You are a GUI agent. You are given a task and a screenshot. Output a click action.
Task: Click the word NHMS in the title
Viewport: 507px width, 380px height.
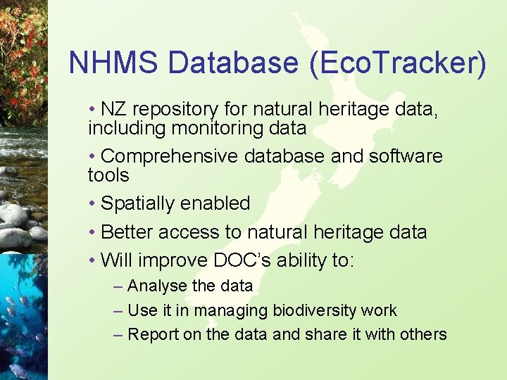(114, 63)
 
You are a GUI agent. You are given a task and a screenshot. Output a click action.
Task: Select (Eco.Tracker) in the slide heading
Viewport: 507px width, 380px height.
(397, 63)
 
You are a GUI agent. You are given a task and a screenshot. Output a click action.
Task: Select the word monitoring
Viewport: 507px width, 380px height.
(206, 128)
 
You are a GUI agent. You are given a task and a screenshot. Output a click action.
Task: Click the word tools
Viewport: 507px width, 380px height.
(108, 175)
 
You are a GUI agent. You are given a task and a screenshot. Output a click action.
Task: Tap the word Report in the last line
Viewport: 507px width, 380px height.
(153, 334)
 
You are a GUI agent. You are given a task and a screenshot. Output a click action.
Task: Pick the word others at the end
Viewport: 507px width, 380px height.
(424, 334)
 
